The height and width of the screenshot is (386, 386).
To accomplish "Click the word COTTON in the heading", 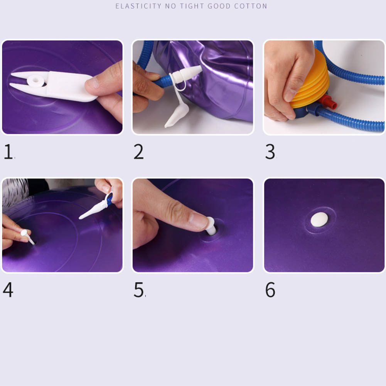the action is click(x=251, y=6).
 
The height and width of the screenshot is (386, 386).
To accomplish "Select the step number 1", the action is click(x=8, y=152).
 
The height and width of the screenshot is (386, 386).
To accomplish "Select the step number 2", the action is click(x=138, y=152).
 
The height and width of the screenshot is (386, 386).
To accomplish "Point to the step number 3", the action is click(x=270, y=152).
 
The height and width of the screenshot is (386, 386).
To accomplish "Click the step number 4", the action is click(x=8, y=290).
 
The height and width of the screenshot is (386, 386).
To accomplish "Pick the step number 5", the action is click(x=138, y=290).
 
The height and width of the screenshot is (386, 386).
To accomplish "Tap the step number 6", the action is click(x=270, y=290).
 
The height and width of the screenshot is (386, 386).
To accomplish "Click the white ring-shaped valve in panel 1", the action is click(x=36, y=81).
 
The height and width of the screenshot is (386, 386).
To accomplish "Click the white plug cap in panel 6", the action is click(x=319, y=219).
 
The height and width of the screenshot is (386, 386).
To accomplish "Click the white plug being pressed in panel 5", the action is click(x=211, y=226).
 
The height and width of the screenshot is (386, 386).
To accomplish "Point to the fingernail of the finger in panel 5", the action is click(x=199, y=220).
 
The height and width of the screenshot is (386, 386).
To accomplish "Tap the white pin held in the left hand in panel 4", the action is click(x=27, y=236).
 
